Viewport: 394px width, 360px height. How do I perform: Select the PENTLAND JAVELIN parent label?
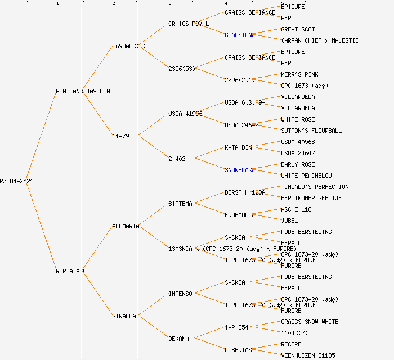pyautogui.click(x=83, y=91)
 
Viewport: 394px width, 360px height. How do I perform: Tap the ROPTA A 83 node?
pyautogui.click(x=73, y=271)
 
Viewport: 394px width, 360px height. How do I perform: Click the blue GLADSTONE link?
pyautogui.click(x=240, y=35)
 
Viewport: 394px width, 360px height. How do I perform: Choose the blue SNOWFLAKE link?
pyautogui.click(x=240, y=170)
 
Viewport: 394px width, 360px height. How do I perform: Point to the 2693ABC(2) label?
pyautogui.click(x=129, y=46)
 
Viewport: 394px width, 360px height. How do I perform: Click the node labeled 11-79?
pyautogui.click(x=120, y=136)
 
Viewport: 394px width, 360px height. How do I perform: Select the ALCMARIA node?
pyautogui.click(x=126, y=226)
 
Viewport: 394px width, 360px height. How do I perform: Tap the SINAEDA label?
pyautogui.click(x=124, y=316)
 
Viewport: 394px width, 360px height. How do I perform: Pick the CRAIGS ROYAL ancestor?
pyautogui.click(x=189, y=24)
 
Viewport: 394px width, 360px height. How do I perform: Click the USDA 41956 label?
pyautogui.click(x=185, y=114)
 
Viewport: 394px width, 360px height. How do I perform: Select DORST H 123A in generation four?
pyautogui.click(x=245, y=192)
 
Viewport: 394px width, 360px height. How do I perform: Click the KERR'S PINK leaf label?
pyautogui.click(x=299, y=74)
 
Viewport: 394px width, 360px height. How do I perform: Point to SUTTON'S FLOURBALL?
pyautogui.click(x=311, y=130)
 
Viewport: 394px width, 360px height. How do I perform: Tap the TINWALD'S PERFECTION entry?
pyautogui.click(x=315, y=187)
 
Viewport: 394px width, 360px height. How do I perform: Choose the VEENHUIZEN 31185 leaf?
pyautogui.click(x=308, y=355)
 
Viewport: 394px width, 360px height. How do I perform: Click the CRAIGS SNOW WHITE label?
pyautogui.click(x=310, y=322)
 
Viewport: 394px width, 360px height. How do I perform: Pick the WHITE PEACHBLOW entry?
pyautogui.click(x=306, y=175)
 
